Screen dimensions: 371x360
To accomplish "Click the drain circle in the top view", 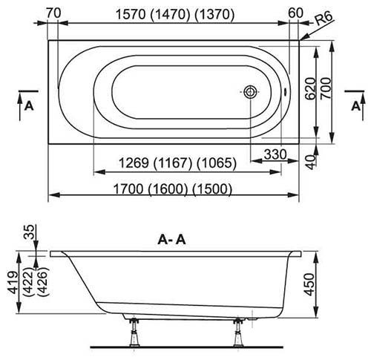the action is (x=250, y=92).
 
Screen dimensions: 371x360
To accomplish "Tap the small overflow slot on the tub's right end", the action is (x=285, y=92).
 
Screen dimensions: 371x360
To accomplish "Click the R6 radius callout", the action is (x=324, y=19).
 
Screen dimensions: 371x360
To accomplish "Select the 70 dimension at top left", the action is (x=53, y=13).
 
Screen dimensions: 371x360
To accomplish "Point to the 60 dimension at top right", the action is (x=295, y=13).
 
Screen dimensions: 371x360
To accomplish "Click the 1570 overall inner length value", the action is (x=131, y=15).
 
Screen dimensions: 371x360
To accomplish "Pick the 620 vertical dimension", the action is (x=310, y=89).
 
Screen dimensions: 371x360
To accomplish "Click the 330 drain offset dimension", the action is (x=275, y=154).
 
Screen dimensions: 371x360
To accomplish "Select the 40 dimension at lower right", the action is (x=311, y=162).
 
